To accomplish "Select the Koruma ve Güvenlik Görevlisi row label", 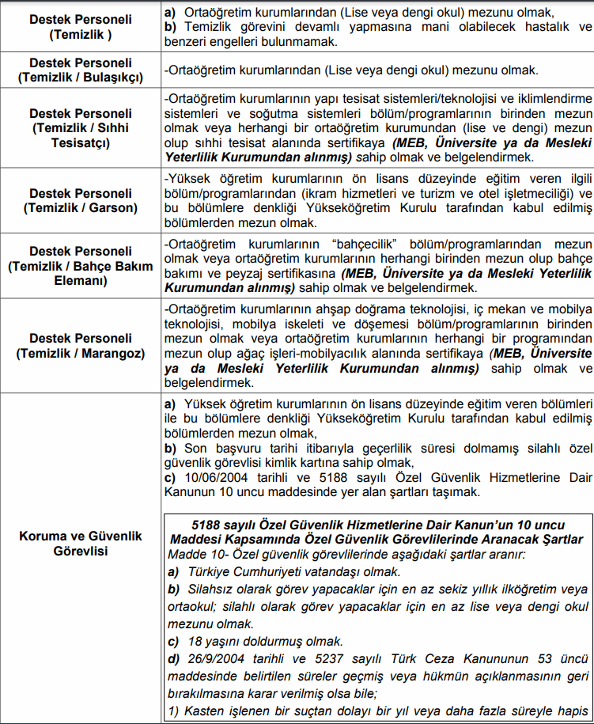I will [x=80, y=544].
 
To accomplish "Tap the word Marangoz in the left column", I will [x=113, y=354].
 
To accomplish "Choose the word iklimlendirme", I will [x=550, y=98].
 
